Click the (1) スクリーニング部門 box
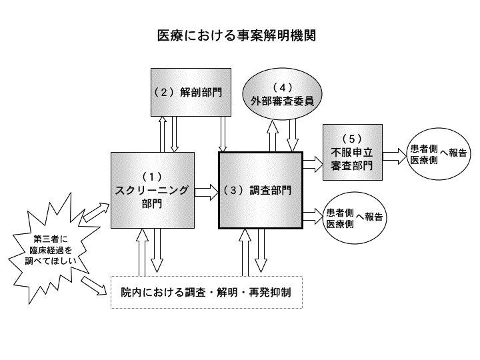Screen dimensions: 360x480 pos(152,190)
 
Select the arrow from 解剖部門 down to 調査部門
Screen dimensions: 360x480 pos(224,133)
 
